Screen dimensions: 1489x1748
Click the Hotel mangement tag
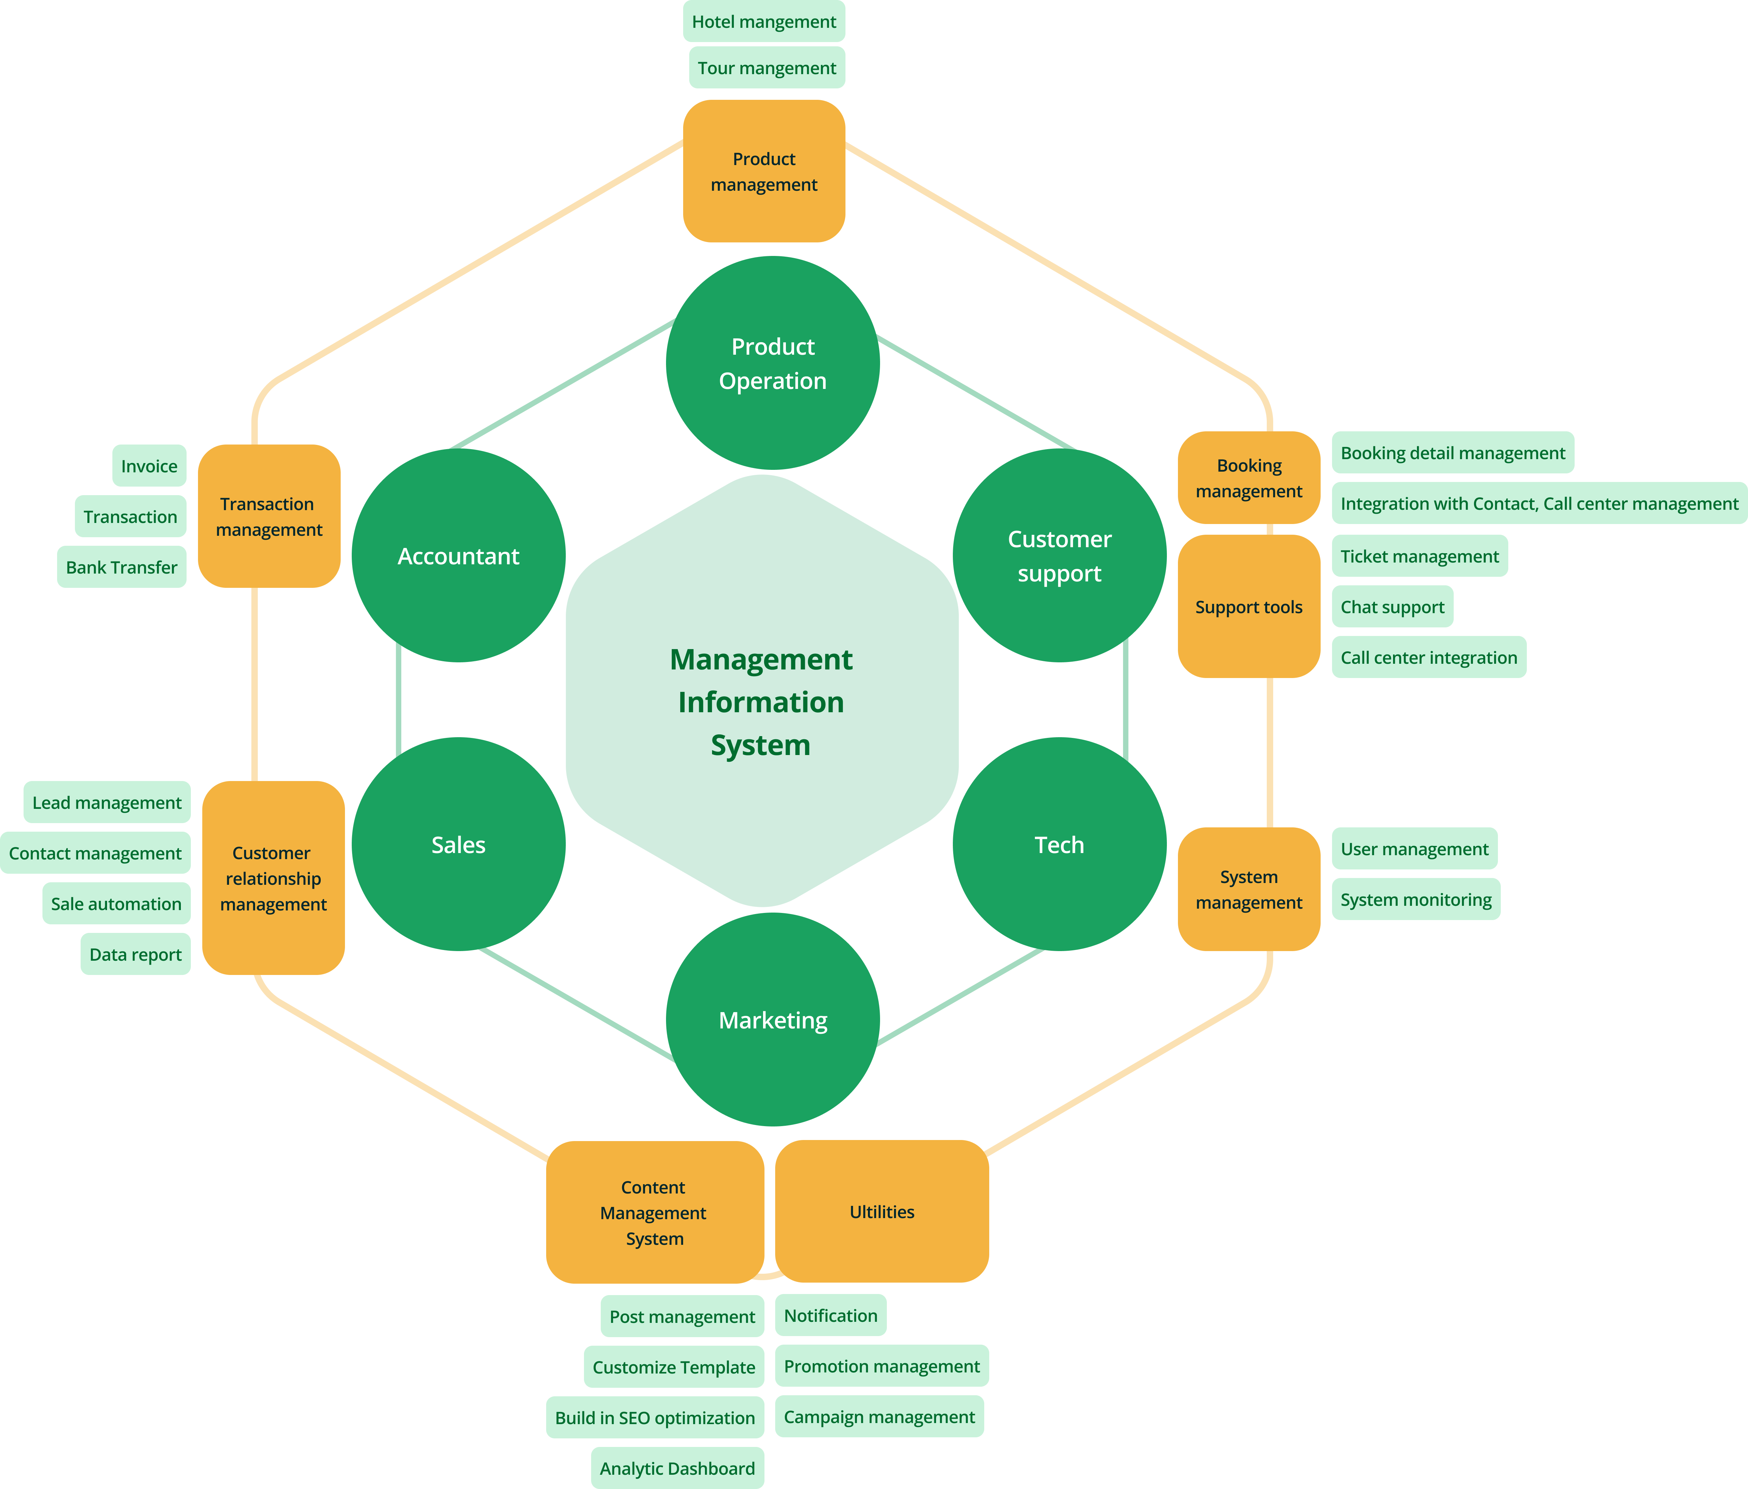pos(763,22)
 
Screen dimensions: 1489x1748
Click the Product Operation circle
pos(773,363)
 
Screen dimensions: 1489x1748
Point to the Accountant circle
pos(458,556)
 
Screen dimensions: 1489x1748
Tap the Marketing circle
pos(773,1020)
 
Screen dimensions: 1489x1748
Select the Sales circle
pos(458,845)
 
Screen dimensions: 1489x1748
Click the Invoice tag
pos(149,466)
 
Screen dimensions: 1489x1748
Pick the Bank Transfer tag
pos(122,568)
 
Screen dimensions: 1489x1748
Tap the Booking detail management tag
pos(1453,453)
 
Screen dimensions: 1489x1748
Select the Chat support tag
pos(1392,607)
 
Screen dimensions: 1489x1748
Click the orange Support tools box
pos(1249,607)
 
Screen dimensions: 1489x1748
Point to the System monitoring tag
pos(1416,900)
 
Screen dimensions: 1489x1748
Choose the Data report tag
pos(136,954)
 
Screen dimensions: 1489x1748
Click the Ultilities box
pos(881,1212)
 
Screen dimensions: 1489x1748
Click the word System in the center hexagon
pos(760,745)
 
